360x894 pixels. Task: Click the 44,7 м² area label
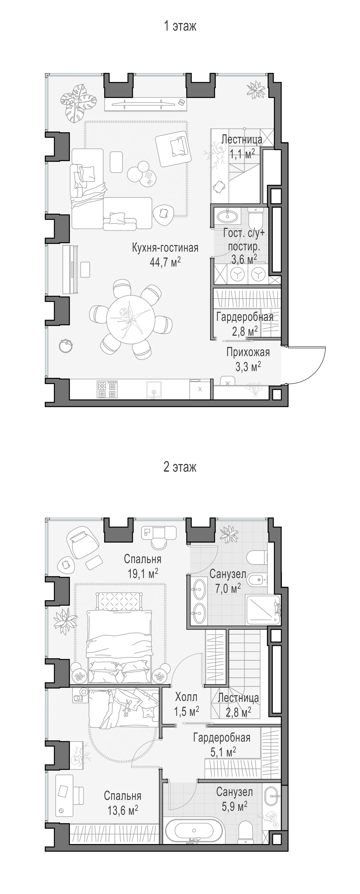click(165, 262)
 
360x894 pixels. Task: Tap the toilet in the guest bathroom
click(257, 216)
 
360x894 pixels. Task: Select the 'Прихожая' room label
click(248, 352)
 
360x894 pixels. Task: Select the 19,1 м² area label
click(143, 573)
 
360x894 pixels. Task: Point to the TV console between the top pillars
click(146, 104)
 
